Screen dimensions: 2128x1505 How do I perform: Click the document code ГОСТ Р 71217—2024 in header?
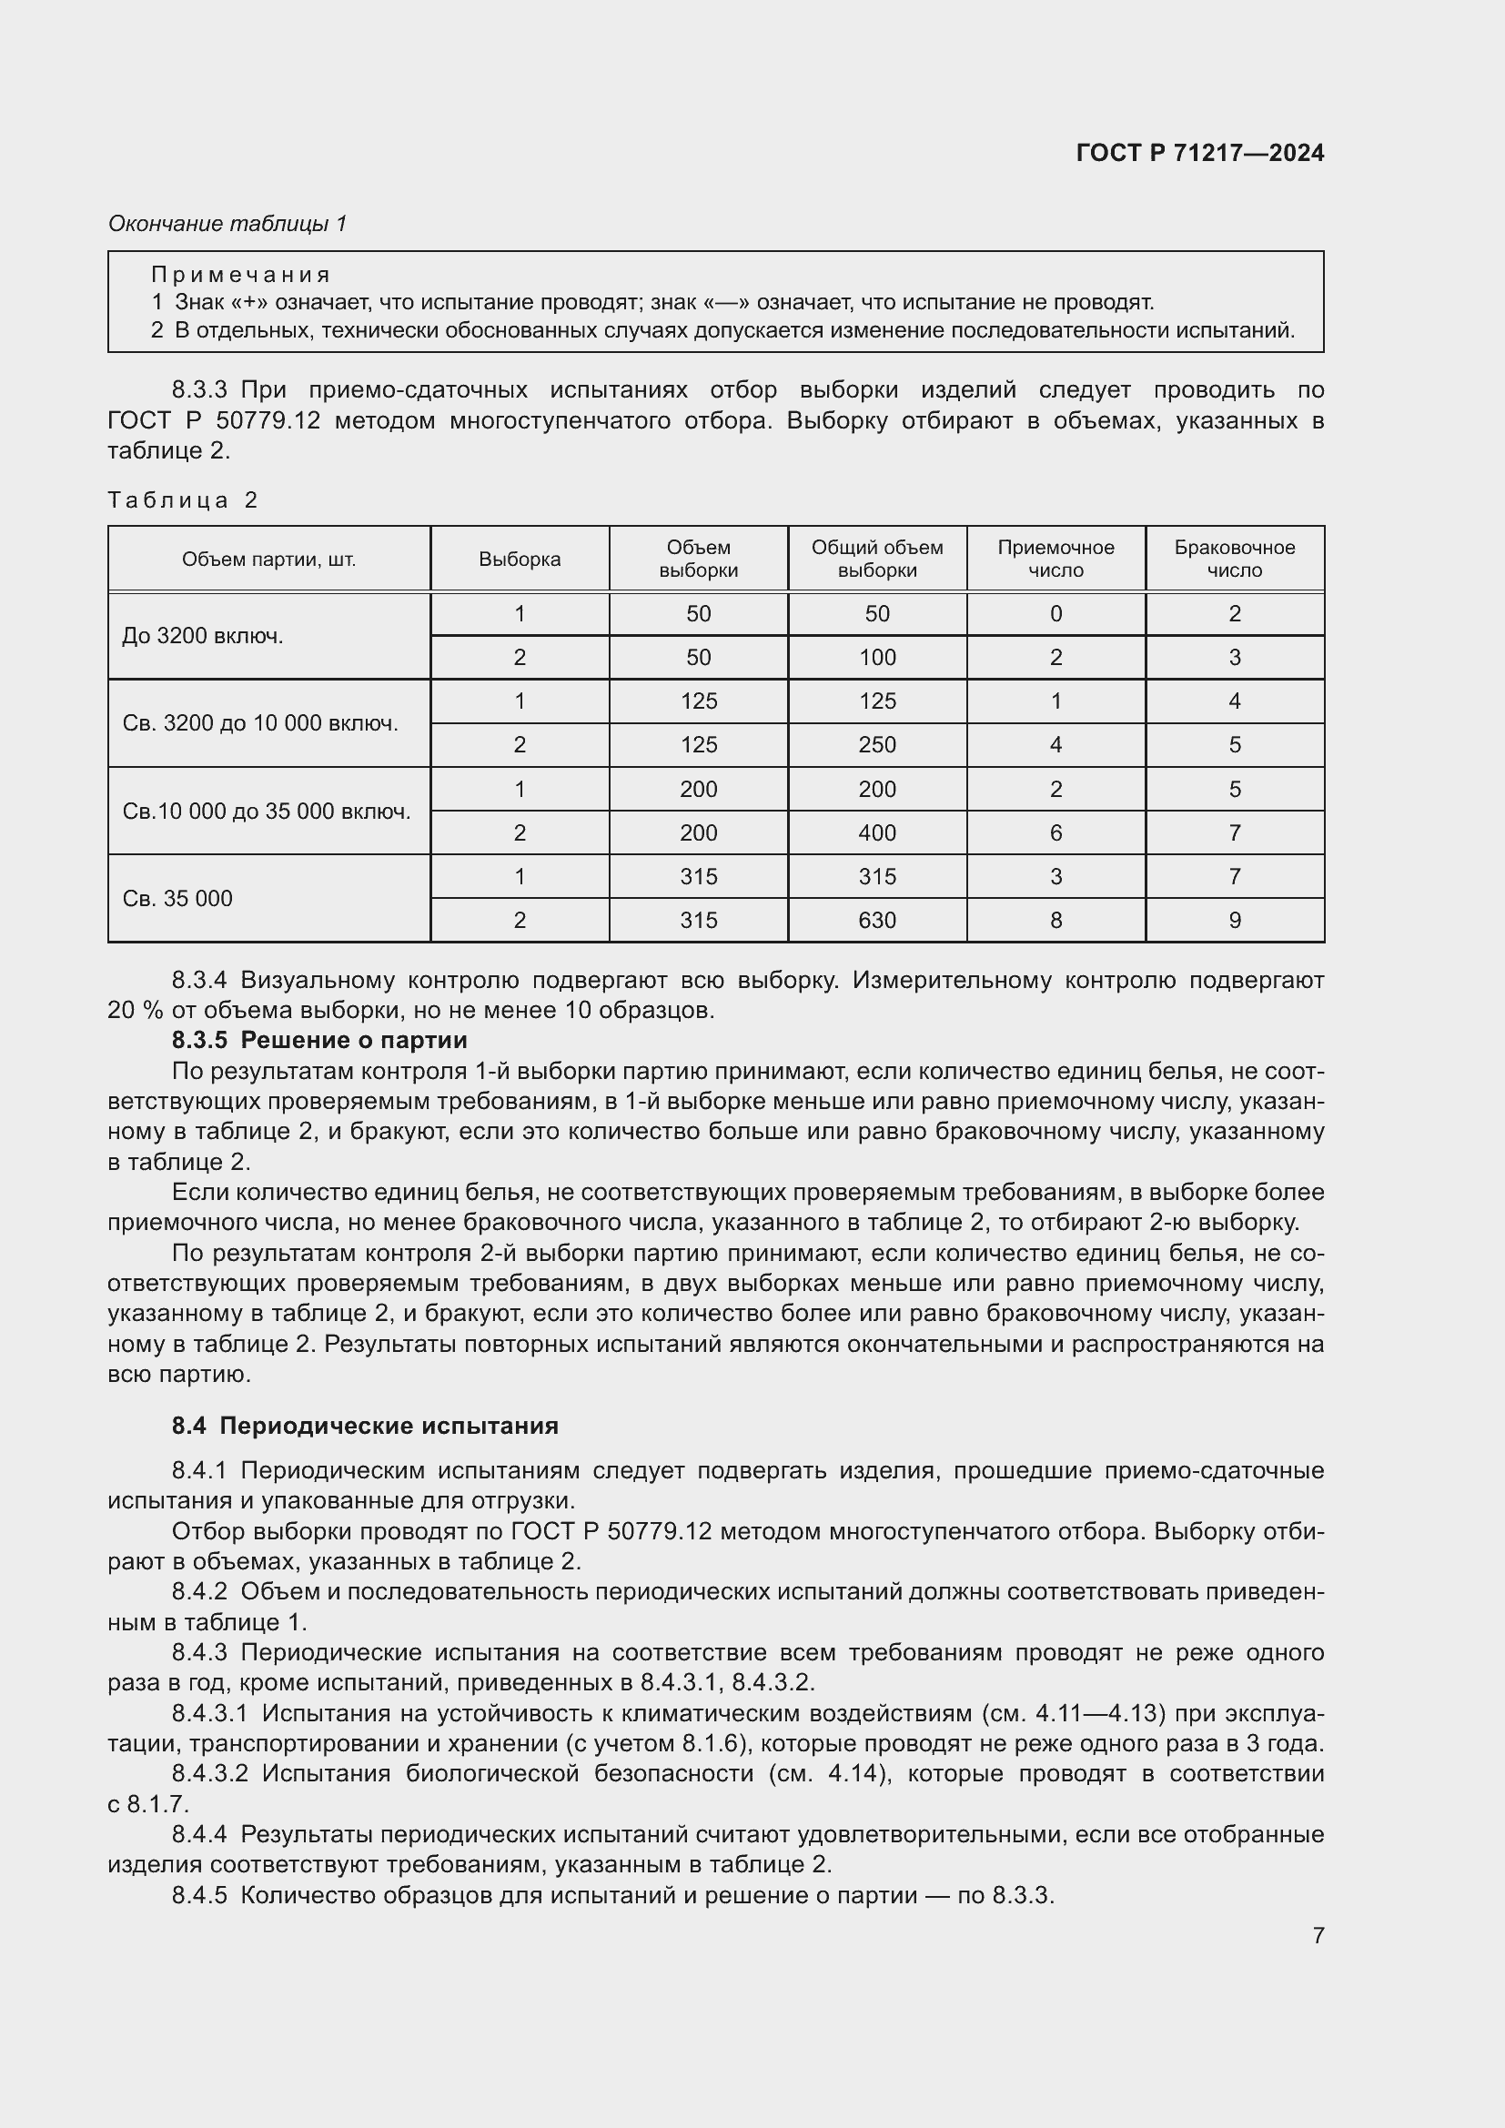click(1199, 153)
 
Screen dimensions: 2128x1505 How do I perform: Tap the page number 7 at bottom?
click(1318, 1935)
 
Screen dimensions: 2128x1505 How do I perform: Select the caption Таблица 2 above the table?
click(183, 500)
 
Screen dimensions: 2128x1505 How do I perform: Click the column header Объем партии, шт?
click(268, 559)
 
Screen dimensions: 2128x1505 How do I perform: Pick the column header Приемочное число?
click(1056, 559)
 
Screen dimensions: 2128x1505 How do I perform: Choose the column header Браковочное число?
click(1234, 559)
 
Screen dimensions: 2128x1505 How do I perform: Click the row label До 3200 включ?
click(203, 636)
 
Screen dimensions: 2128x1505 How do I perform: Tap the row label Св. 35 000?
click(178, 898)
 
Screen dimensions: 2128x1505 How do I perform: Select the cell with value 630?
click(876, 921)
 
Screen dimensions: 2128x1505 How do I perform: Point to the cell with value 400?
click(876, 832)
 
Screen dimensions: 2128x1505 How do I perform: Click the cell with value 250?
click(876, 744)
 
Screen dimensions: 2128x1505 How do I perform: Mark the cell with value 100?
click(876, 657)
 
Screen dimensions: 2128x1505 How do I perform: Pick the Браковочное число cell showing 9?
click(1234, 921)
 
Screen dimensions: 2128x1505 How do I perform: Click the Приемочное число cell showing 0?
click(1056, 613)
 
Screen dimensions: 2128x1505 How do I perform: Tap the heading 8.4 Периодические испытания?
click(365, 1426)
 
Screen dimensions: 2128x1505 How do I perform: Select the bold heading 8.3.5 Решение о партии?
click(318, 1040)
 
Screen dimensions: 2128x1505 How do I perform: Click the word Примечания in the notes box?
click(241, 275)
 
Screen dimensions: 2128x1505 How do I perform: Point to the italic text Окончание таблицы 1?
click(227, 224)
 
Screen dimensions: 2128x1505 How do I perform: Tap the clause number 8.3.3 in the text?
click(199, 390)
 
